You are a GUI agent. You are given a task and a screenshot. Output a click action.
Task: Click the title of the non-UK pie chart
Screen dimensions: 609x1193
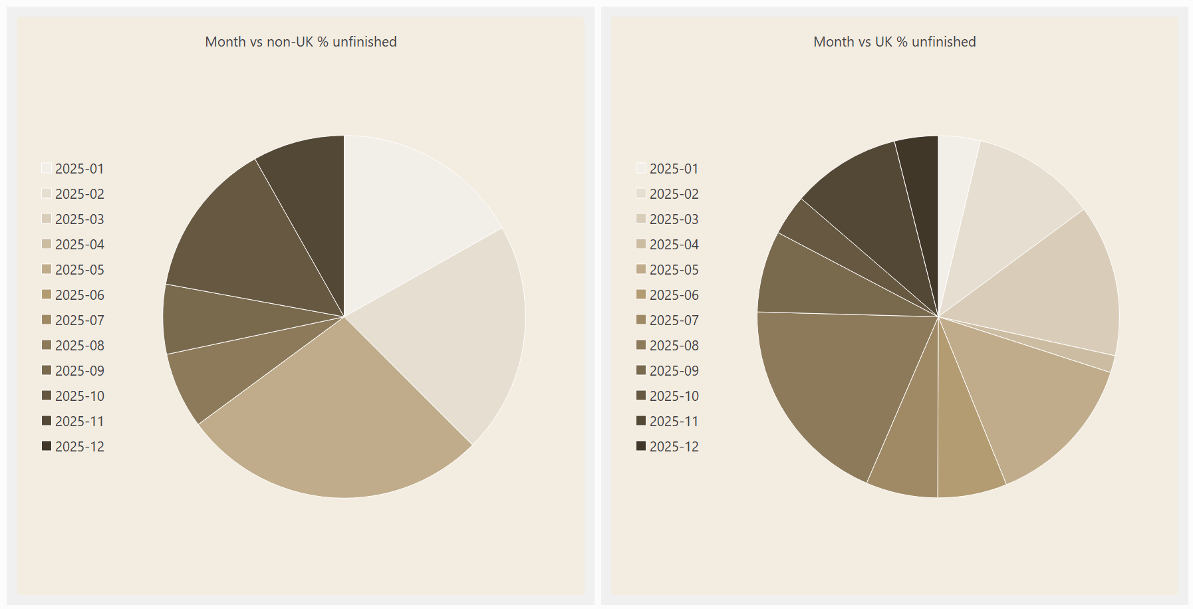(x=301, y=42)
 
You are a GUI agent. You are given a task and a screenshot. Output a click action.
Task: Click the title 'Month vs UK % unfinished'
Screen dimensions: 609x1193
(x=894, y=42)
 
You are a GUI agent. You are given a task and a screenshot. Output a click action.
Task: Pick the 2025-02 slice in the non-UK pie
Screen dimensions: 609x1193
(x=452, y=326)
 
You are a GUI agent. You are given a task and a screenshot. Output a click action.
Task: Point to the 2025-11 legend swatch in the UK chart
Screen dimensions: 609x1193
(x=641, y=421)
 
